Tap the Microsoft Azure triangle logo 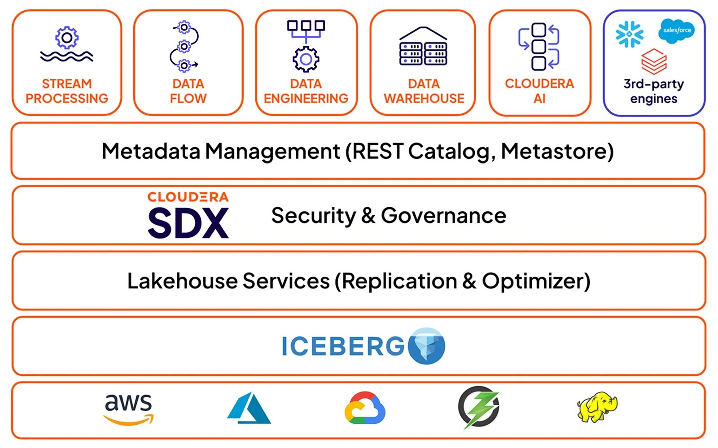click(249, 409)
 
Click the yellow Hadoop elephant click(597, 407)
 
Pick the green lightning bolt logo click(479, 407)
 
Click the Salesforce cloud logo click(677, 30)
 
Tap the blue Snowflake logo click(629, 34)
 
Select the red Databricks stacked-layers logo click(654, 61)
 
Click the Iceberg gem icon click(426, 346)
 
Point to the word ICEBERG click(343, 346)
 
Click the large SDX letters click(188, 223)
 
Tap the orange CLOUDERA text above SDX click(188, 197)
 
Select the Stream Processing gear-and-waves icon click(67, 44)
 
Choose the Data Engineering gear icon click(306, 58)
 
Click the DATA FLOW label click(188, 91)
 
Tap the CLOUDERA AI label click(539, 91)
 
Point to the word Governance click(443, 216)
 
